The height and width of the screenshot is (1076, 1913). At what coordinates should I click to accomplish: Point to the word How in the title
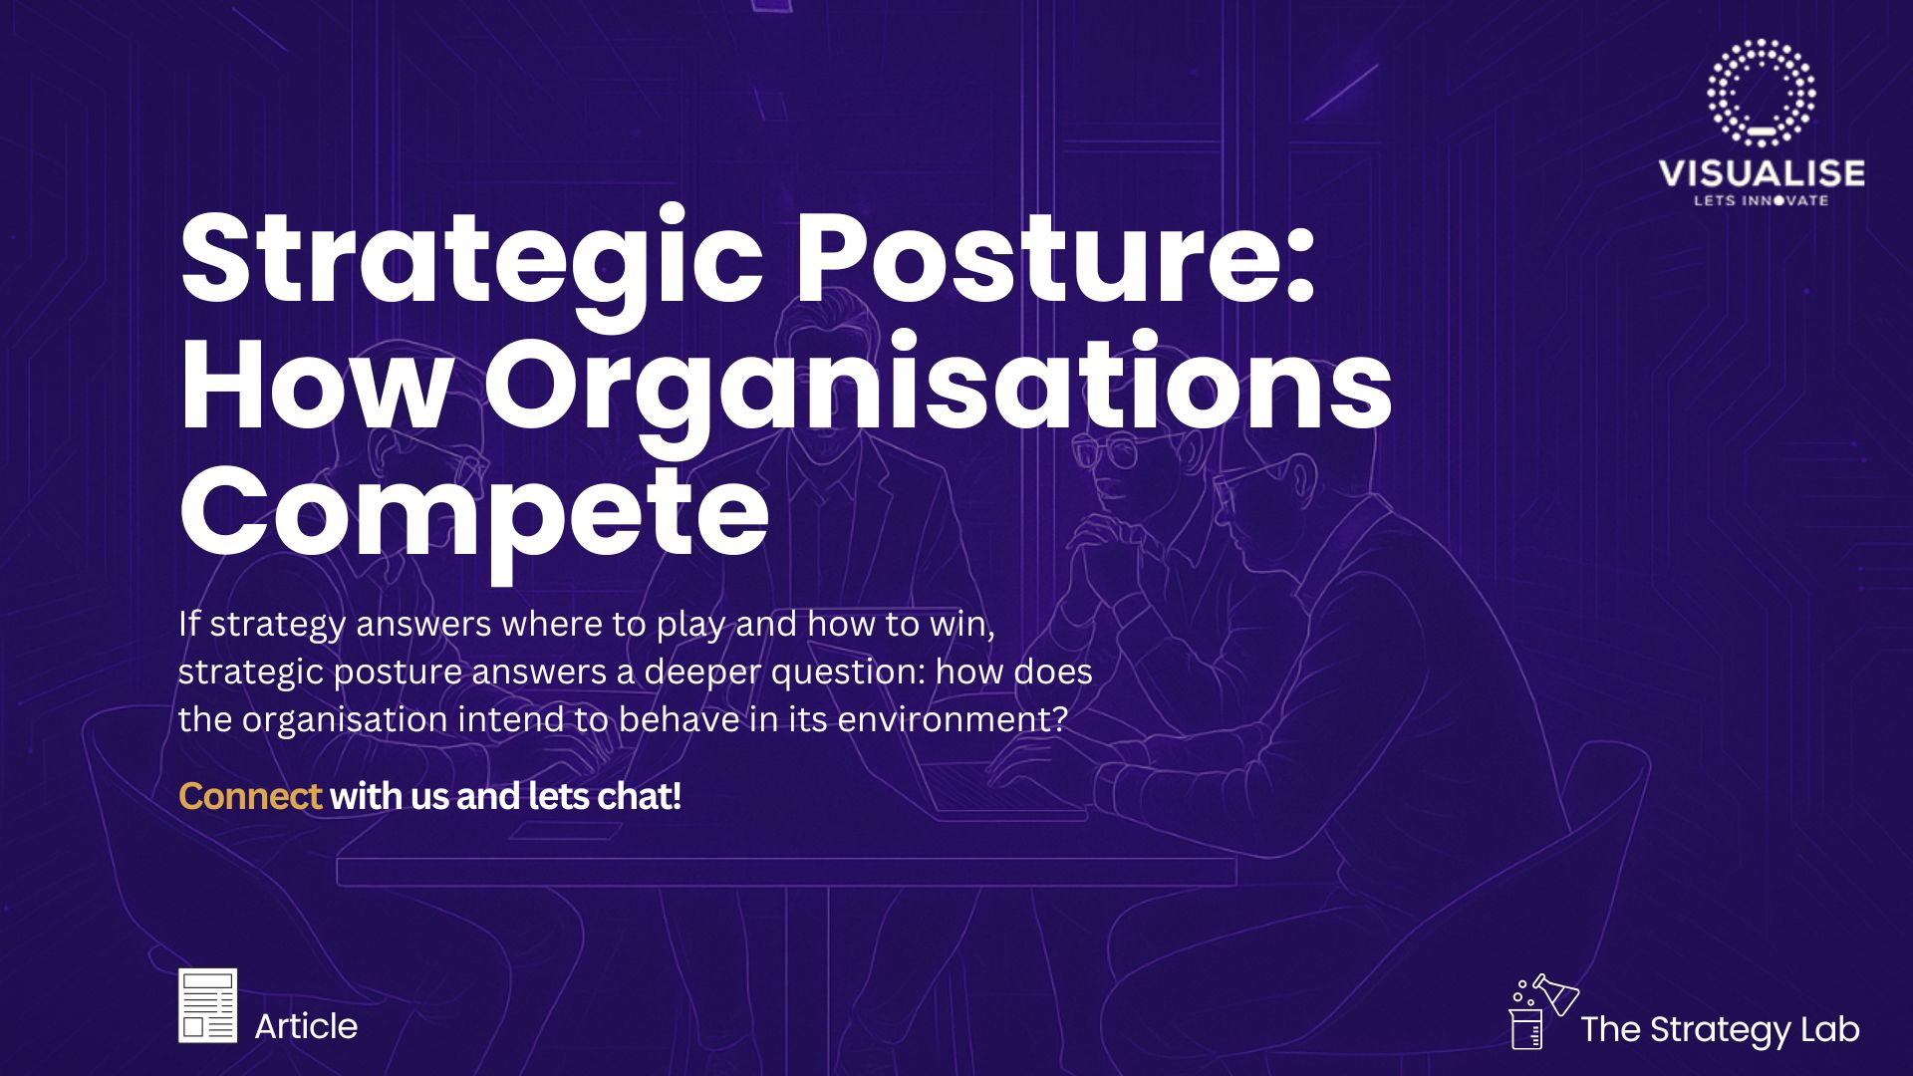click(x=316, y=383)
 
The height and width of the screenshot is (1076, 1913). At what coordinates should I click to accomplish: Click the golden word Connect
click(x=249, y=796)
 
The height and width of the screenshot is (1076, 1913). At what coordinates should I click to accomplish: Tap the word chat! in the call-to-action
click(x=639, y=796)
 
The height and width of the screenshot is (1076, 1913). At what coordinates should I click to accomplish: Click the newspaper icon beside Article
click(x=207, y=1005)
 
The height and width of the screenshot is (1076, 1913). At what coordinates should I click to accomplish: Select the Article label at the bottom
click(x=306, y=1026)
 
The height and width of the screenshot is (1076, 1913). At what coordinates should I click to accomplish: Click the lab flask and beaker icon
click(x=1543, y=1011)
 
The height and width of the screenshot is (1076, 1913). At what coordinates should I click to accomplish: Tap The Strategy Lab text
click(x=1720, y=1030)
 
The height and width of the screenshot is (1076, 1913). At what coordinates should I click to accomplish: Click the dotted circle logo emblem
click(x=1761, y=93)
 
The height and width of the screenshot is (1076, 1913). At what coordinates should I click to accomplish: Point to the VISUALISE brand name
click(x=1762, y=173)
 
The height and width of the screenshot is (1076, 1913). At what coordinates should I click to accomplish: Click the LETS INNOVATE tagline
click(x=1762, y=200)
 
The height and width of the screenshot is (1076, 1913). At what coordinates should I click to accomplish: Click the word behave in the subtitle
click(x=679, y=719)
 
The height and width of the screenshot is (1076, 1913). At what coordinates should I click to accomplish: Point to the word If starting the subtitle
click(x=189, y=624)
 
